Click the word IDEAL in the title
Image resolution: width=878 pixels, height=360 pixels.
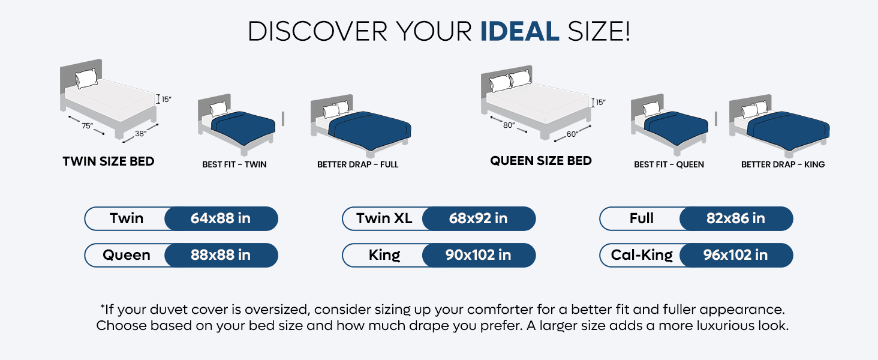[x=519, y=31]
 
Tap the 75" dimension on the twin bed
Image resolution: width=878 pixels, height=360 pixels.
[x=88, y=125]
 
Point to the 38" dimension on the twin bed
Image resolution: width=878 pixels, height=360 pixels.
[x=140, y=134]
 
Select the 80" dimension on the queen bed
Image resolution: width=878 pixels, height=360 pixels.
[x=509, y=125]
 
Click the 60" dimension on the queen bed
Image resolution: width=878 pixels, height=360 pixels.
[x=573, y=134]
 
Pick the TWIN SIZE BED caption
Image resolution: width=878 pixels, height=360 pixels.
[x=109, y=161]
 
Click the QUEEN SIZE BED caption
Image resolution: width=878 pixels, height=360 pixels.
[x=541, y=161]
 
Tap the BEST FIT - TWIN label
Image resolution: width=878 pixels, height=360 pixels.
[x=234, y=164]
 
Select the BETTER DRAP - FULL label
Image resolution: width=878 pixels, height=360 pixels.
[x=357, y=164]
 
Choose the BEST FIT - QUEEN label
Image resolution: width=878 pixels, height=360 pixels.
[x=669, y=164]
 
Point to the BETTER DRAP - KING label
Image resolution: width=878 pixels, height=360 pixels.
[x=783, y=164]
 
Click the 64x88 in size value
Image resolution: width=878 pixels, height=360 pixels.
[x=221, y=218]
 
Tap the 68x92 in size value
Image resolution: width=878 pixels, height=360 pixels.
[x=479, y=218]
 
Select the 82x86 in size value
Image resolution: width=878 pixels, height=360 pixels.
[x=736, y=218]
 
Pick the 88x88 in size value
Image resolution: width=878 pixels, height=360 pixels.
[x=221, y=255]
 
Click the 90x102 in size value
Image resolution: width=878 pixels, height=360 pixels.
[x=479, y=255]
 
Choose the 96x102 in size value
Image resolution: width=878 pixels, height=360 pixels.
[x=736, y=255]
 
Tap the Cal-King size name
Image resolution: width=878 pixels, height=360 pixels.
[x=642, y=255]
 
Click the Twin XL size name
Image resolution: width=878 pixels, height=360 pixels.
[x=384, y=218]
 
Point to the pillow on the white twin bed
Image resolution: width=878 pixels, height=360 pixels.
[x=86, y=78]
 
